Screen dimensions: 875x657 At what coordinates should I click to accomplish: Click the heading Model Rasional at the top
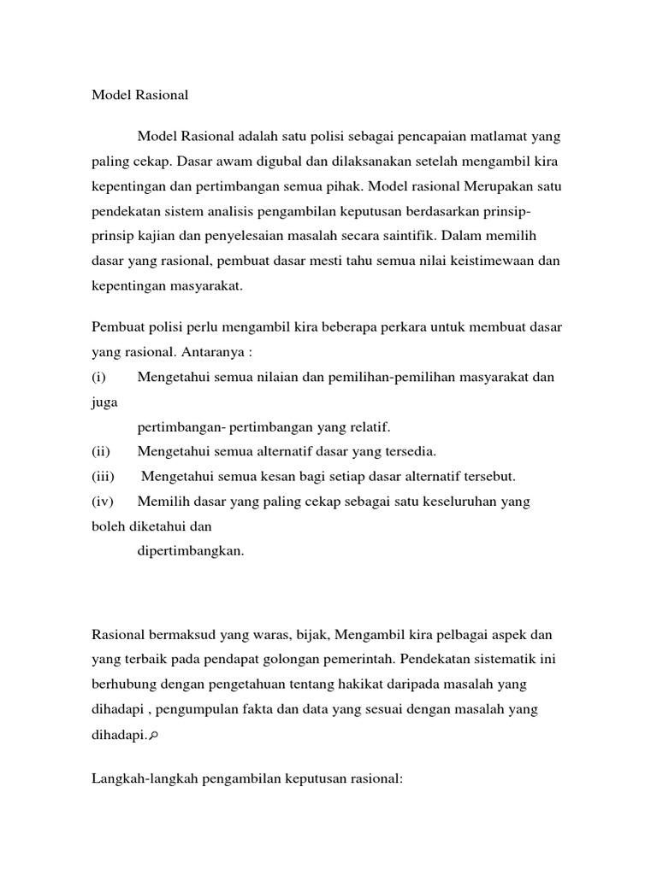pyautogui.click(x=139, y=96)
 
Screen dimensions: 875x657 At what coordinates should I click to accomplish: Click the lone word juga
pyautogui.click(x=104, y=402)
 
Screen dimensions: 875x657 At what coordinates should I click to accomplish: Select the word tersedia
pyautogui.click(x=407, y=451)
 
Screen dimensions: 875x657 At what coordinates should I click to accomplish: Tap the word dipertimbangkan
pyautogui.click(x=191, y=551)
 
